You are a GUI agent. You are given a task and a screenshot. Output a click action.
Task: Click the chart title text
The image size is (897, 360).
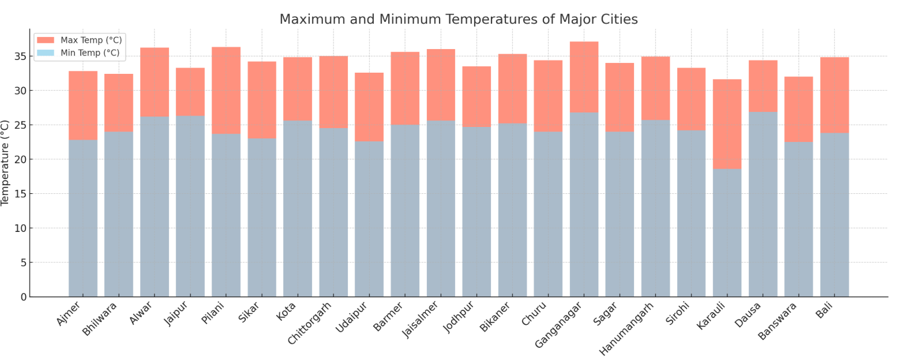point(458,19)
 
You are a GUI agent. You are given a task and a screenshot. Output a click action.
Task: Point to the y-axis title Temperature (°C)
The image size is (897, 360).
point(6,163)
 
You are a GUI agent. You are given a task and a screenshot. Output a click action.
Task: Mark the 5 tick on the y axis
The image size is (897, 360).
point(23,263)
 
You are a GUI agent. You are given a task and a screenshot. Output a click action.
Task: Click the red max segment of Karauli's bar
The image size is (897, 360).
point(726,124)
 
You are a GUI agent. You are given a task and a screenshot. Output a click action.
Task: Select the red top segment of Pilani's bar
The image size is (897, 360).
point(226,91)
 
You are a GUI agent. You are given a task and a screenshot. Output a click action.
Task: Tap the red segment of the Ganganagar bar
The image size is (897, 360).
point(583,77)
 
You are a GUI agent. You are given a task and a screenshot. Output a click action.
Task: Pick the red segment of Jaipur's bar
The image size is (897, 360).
point(190,92)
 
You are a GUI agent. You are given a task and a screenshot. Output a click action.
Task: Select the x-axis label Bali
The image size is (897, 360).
point(824,310)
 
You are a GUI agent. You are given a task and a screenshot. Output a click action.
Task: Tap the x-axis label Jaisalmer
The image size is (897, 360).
point(421,320)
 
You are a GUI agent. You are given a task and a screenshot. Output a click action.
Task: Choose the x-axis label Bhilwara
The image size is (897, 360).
point(100,318)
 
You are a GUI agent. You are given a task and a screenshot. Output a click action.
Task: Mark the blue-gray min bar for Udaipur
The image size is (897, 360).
point(369,219)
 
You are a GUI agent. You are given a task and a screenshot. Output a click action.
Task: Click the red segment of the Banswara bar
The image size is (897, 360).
point(798,109)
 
